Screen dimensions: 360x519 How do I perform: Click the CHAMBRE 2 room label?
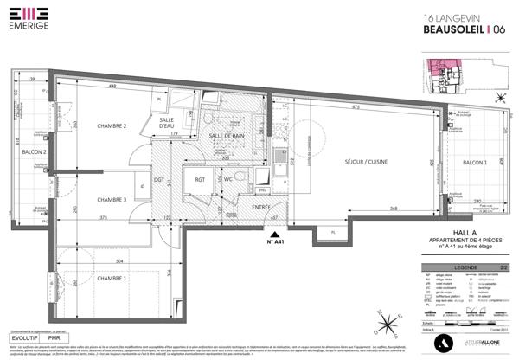pyautogui.click(x=112, y=126)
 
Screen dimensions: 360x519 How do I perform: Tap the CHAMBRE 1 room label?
pyautogui.click(x=112, y=278)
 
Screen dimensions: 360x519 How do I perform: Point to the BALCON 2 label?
pyautogui.click(x=34, y=152)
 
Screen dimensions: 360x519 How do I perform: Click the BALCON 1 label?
pyautogui.click(x=473, y=163)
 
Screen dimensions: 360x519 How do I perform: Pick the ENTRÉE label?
pyautogui.click(x=260, y=207)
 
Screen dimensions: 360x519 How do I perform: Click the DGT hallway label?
pyautogui.click(x=159, y=180)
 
